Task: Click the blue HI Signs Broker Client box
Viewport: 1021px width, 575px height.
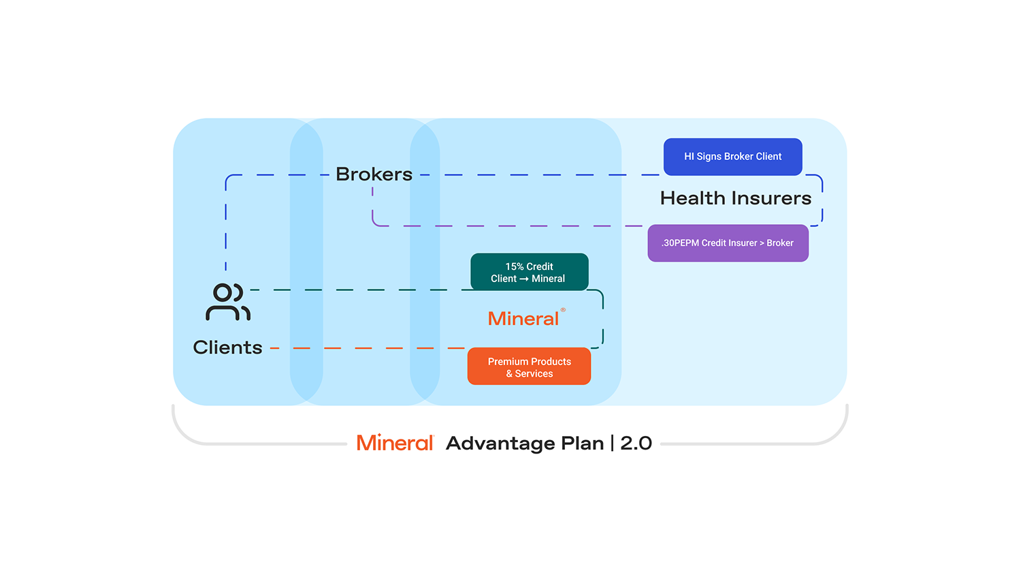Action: coord(732,157)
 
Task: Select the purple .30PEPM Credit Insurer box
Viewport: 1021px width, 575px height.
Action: coord(728,243)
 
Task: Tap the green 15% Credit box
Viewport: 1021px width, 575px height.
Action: coord(529,272)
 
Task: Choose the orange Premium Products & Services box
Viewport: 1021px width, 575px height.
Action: coord(529,367)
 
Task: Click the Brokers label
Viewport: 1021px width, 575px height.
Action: coord(374,174)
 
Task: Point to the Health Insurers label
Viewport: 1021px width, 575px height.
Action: coord(736,198)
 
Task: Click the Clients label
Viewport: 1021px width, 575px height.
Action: coord(227,347)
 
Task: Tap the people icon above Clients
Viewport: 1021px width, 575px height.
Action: coord(228,302)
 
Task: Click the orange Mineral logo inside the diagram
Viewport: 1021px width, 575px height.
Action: coord(523,318)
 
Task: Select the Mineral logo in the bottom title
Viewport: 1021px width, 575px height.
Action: coord(395,443)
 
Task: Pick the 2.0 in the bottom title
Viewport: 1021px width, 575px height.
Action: coord(636,443)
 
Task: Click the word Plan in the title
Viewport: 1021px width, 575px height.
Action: coord(582,443)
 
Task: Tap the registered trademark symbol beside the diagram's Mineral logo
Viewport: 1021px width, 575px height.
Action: coord(563,310)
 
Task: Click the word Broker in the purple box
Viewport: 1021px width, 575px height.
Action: coord(780,243)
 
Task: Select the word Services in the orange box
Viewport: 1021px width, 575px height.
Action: coord(534,374)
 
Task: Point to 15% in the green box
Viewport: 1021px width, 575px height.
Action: coord(514,266)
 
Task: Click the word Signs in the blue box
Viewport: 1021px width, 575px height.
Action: coord(709,157)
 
